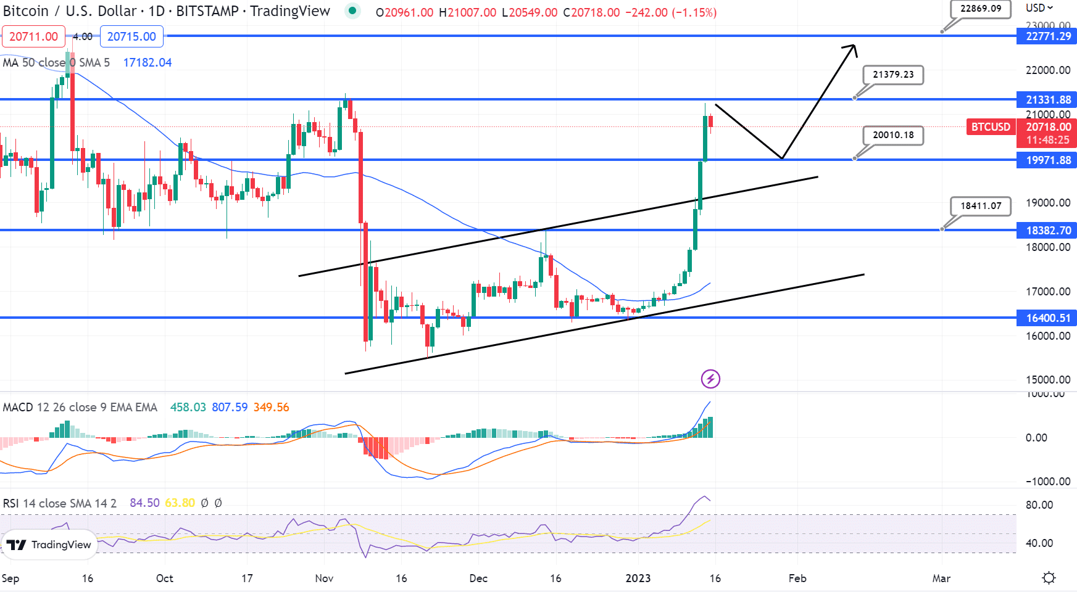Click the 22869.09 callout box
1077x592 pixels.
tap(980, 9)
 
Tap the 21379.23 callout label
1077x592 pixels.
tap(892, 75)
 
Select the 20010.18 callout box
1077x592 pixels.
tap(892, 135)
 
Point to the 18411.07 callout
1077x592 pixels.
tap(980, 206)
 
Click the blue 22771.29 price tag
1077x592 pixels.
tap(1047, 36)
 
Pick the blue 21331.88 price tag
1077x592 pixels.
tap(1047, 100)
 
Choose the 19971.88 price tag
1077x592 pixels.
tap(1047, 160)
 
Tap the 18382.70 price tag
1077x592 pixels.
tap(1047, 231)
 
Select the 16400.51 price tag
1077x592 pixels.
tap(1047, 318)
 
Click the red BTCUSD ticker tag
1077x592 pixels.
tap(991, 127)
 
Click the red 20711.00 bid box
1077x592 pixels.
tap(33, 36)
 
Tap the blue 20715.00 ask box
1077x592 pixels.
tap(131, 36)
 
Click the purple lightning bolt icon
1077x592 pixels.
tap(710, 379)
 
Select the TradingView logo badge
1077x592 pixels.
tap(49, 545)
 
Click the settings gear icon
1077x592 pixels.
tap(1048, 578)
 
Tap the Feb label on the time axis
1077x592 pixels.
tap(797, 578)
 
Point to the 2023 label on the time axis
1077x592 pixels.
tap(638, 578)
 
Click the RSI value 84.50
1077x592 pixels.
tap(144, 503)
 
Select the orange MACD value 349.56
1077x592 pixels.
tap(271, 408)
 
